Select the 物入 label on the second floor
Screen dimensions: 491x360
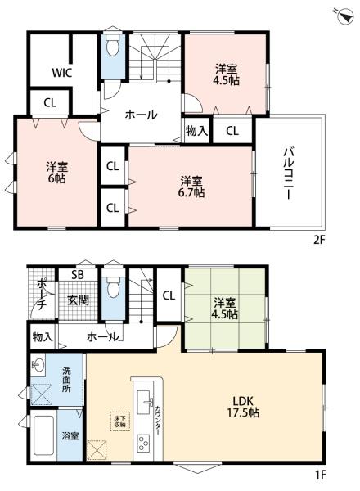pos(196,130)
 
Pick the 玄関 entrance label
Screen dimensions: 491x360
pos(78,301)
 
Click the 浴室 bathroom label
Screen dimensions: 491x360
pos(69,436)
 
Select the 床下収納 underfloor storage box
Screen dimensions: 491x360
pos(116,421)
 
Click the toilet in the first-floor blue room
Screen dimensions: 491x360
pos(112,289)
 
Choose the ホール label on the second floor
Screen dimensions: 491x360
pos(141,115)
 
